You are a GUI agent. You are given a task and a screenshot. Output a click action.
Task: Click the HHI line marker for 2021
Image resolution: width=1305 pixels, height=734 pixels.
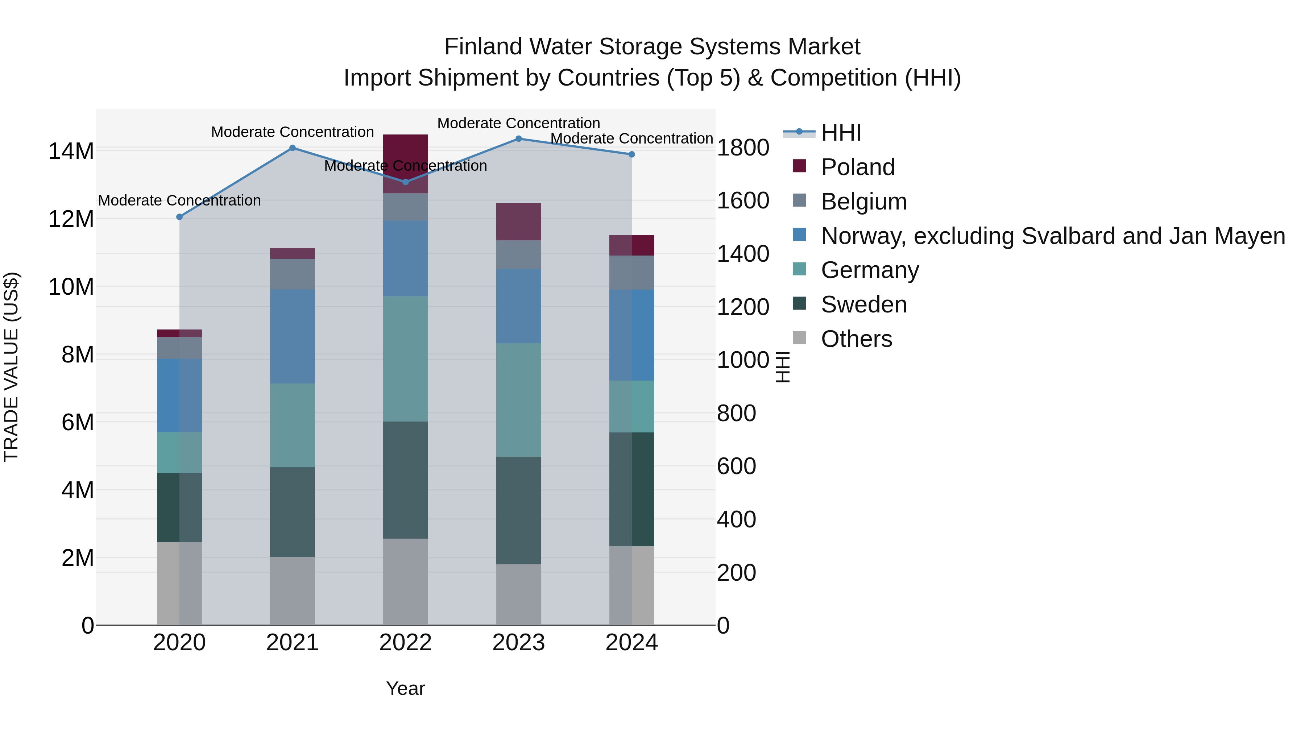tap(292, 148)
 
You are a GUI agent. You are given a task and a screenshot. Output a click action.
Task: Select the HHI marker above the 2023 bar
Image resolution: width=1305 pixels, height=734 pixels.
tap(518, 138)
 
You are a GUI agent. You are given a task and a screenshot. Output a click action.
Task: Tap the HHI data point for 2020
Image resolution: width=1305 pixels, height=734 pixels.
tap(179, 217)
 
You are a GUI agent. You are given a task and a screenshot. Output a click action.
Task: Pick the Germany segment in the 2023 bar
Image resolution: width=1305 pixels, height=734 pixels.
tap(518, 400)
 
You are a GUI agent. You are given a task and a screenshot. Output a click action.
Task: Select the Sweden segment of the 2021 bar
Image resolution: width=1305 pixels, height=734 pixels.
tap(292, 511)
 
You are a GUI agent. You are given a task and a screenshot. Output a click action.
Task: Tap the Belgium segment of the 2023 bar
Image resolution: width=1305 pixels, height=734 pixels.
tap(518, 254)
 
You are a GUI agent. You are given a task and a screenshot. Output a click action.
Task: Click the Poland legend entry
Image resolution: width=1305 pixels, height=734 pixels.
tap(857, 167)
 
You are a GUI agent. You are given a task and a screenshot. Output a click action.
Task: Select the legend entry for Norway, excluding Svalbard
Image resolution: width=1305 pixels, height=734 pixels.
tap(1052, 236)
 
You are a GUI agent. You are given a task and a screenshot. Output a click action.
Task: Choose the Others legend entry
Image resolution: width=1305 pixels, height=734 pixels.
tap(856, 339)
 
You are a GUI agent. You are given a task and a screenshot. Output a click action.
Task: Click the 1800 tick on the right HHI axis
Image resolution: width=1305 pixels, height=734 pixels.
tap(743, 148)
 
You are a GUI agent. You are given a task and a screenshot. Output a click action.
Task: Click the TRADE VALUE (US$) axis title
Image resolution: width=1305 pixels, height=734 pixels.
tap(11, 367)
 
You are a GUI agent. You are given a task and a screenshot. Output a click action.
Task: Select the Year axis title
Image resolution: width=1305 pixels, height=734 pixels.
tap(405, 688)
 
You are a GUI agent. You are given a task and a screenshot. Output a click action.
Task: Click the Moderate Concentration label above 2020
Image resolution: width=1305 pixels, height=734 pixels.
tap(179, 200)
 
